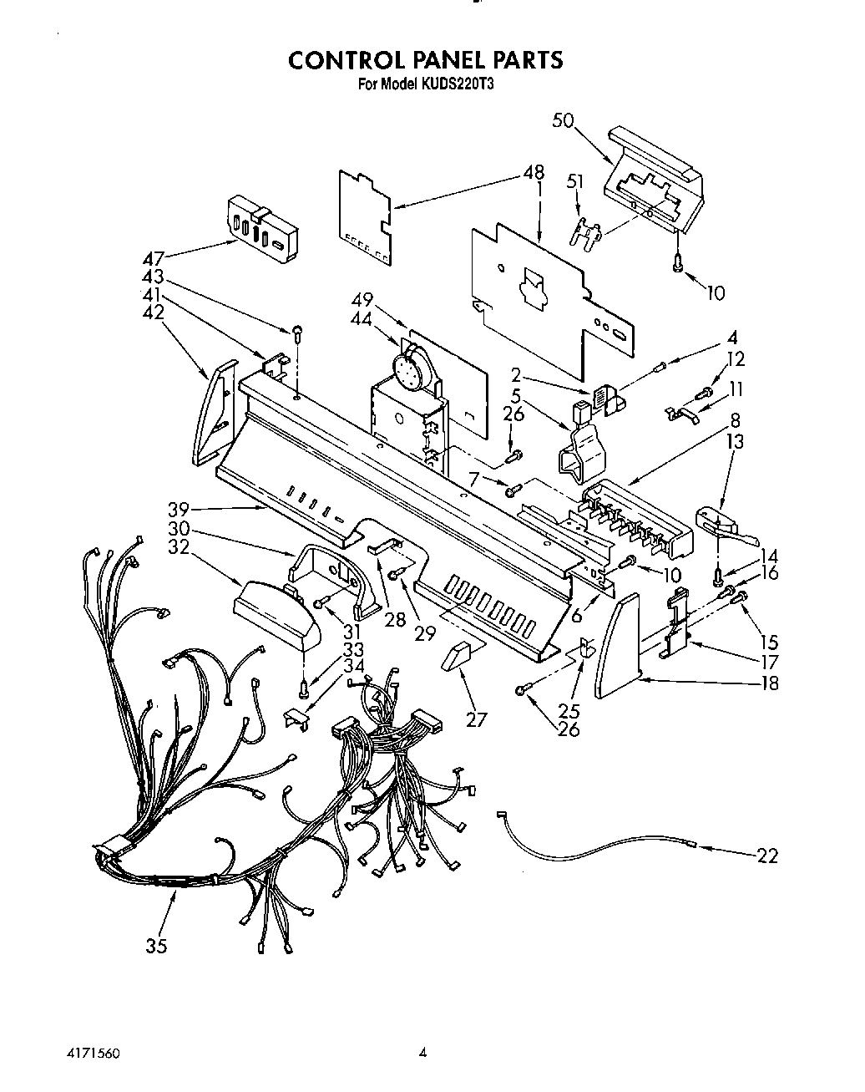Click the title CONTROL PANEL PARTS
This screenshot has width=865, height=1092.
point(425,60)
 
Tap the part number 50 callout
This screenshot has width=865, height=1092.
point(563,121)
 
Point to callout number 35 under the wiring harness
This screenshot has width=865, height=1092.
point(156,945)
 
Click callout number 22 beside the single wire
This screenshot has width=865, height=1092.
point(767,855)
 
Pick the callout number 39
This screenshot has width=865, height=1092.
point(178,509)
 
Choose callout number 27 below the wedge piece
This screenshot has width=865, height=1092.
point(476,719)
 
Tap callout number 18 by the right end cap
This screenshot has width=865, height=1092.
point(769,683)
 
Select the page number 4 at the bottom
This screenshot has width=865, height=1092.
point(422,1054)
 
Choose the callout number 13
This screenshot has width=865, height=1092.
point(735,441)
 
